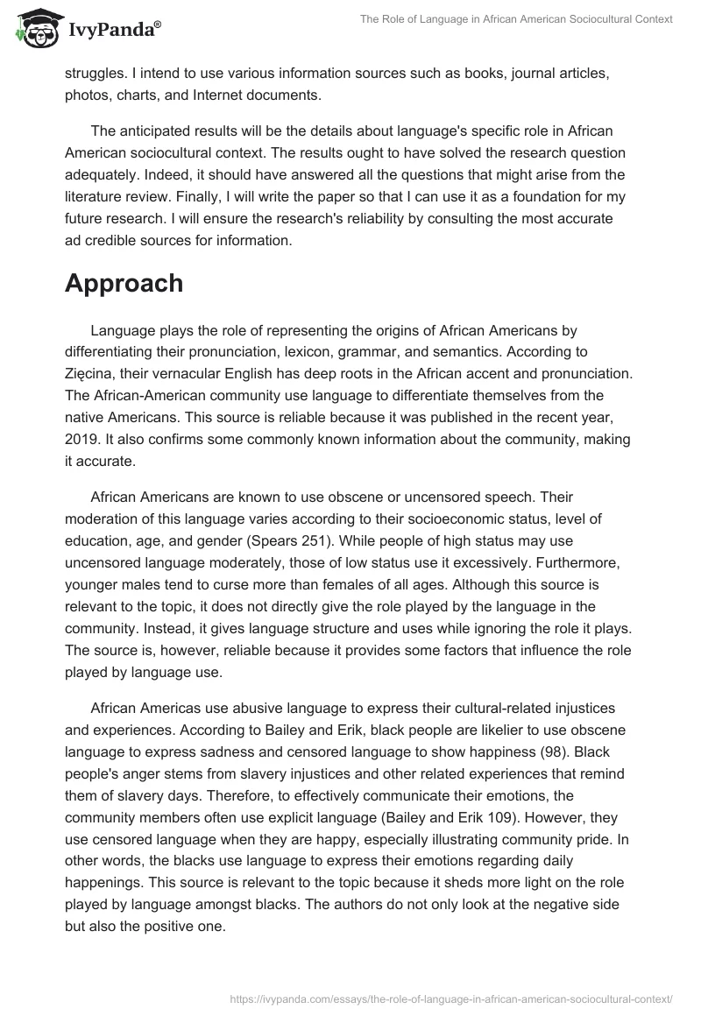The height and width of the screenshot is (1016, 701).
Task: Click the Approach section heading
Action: [x=124, y=283]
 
